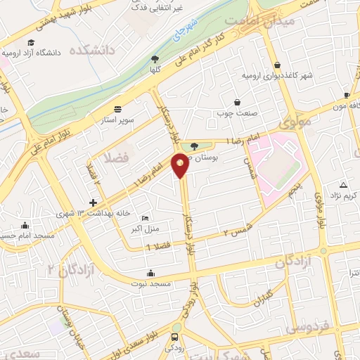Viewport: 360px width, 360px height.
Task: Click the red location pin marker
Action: tap(181, 165)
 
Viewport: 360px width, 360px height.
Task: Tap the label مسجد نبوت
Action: tap(150, 283)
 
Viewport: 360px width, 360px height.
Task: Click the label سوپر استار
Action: tap(117, 120)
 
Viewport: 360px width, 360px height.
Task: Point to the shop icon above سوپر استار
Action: tap(117, 110)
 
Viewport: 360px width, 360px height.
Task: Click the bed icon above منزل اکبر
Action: tap(145, 219)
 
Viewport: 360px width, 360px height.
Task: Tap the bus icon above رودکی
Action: tap(175, 327)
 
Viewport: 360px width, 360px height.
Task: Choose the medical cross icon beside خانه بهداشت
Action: tap(93, 202)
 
